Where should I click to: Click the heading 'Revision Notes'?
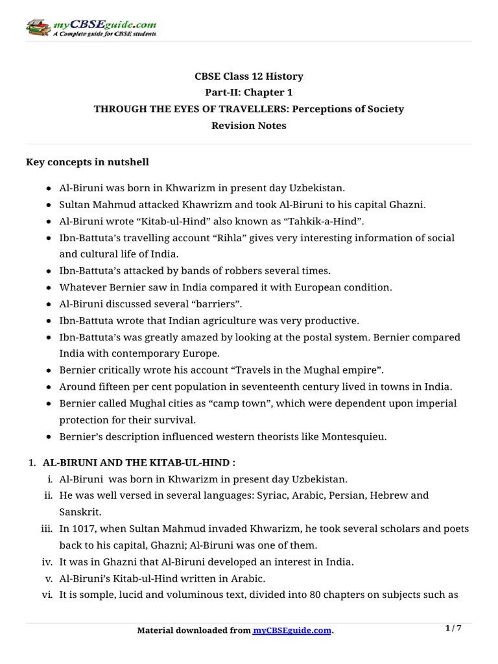(x=248, y=126)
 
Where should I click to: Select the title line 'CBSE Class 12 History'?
(x=248, y=77)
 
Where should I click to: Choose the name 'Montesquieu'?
(x=352, y=436)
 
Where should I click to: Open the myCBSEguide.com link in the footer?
(x=292, y=630)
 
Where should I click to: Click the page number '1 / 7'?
(x=454, y=628)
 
